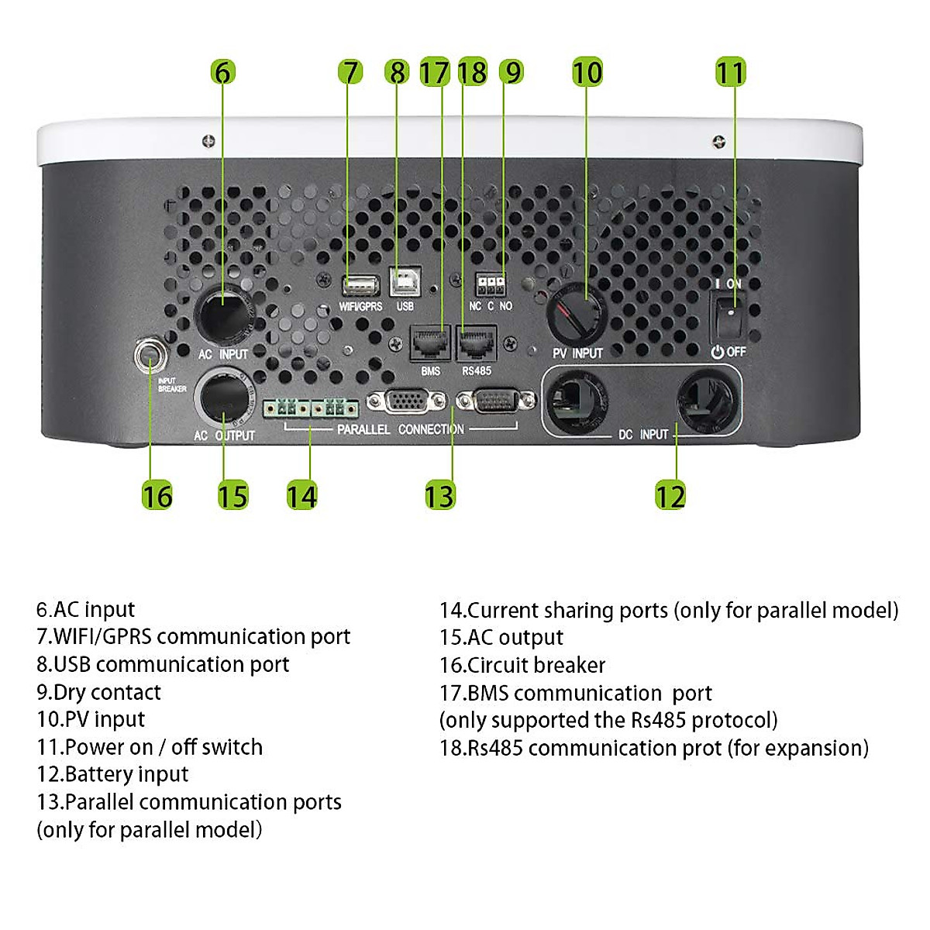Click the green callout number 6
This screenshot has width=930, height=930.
223,72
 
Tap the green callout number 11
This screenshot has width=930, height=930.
730,72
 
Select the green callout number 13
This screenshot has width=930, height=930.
440,496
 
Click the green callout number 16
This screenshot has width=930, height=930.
157,496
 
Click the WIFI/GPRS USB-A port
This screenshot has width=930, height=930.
360,286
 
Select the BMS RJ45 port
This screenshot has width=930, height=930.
430,343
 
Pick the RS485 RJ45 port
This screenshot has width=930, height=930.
477,343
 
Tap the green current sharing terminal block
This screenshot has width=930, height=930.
310,408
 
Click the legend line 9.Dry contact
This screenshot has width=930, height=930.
98,692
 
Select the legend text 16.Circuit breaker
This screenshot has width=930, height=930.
522,665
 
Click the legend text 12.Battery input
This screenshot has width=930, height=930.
112,774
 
